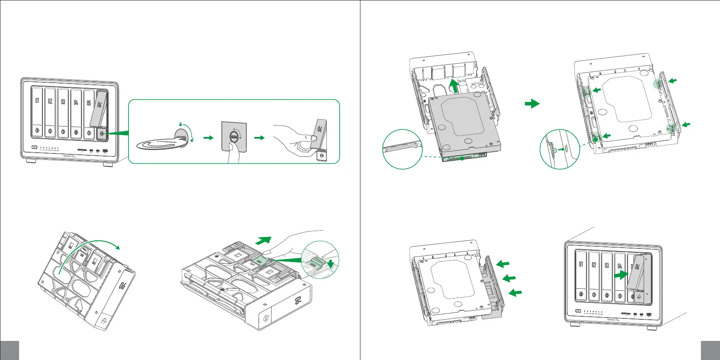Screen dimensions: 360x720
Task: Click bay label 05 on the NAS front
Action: [x=89, y=103]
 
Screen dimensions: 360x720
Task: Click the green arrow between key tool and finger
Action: [x=208, y=138]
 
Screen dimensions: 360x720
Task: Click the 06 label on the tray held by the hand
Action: [x=319, y=129]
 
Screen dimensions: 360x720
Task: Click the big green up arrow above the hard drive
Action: [x=454, y=86]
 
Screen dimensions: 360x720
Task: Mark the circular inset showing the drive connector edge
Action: [x=402, y=149]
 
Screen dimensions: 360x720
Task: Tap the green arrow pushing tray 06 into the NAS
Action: [x=620, y=275]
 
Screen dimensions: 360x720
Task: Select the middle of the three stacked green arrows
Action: [x=509, y=278]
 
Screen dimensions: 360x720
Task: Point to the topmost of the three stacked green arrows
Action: [x=503, y=264]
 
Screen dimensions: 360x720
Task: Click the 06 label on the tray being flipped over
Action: [x=123, y=285]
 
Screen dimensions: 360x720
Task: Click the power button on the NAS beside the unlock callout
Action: [x=33, y=148]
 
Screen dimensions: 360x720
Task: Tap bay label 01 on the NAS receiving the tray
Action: [x=581, y=264]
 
